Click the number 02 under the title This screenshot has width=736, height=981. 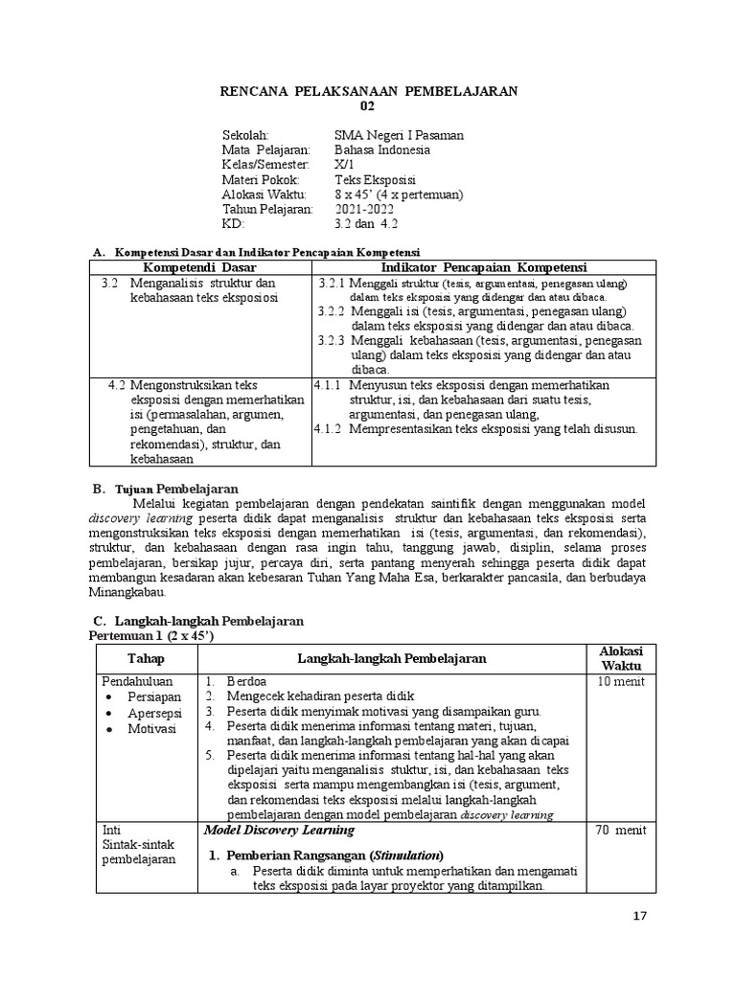[369, 106]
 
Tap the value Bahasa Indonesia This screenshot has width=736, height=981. [382, 150]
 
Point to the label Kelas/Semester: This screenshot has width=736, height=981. [264, 165]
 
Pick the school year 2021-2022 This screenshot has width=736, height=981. [372, 209]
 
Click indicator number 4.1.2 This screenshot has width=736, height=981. [328, 428]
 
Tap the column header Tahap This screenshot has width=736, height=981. [147, 658]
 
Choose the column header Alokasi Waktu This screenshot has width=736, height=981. [621, 658]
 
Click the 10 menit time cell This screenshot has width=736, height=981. [622, 682]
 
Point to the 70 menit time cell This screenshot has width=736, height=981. [622, 830]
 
